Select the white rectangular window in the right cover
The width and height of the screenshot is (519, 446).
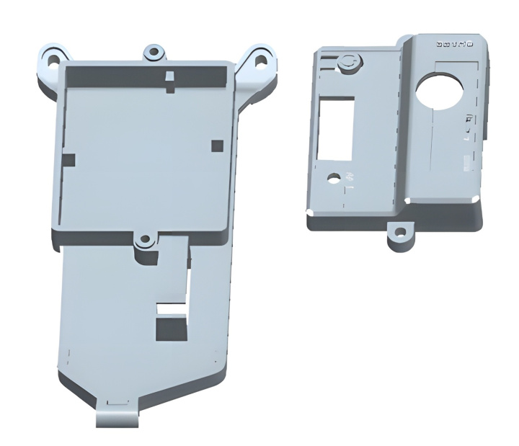coord(335,128)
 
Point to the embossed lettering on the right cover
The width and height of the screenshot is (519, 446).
coord(454,45)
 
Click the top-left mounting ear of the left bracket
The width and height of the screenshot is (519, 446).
coord(52,59)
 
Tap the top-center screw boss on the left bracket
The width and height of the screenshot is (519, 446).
coord(153,53)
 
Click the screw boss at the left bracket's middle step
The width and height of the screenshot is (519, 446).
coord(145,241)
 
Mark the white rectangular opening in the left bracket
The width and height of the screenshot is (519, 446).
coord(172,310)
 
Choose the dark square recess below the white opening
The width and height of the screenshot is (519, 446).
coord(171,329)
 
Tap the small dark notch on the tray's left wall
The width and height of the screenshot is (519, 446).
coord(68,159)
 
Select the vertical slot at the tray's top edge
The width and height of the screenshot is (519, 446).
coord(169,81)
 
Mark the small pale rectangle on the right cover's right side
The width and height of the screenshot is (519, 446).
coord(469,165)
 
